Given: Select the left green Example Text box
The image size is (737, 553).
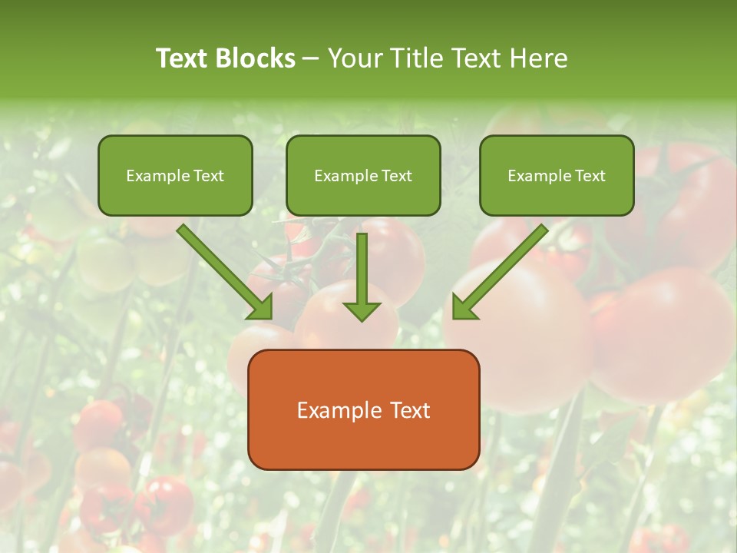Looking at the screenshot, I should [x=175, y=175].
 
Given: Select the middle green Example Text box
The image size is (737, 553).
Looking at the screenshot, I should [x=363, y=175].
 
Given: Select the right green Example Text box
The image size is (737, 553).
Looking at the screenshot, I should [x=557, y=175].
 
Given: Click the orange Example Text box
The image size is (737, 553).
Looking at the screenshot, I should [x=363, y=409].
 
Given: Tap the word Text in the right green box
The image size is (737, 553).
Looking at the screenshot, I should [x=590, y=176].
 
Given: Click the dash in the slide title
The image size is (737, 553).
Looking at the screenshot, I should [x=311, y=58].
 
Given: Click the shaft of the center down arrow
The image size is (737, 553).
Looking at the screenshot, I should [x=362, y=265].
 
